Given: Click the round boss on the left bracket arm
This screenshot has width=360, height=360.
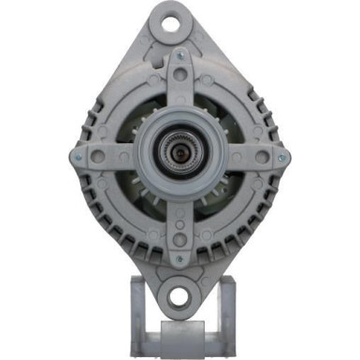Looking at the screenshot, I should point(97,157).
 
